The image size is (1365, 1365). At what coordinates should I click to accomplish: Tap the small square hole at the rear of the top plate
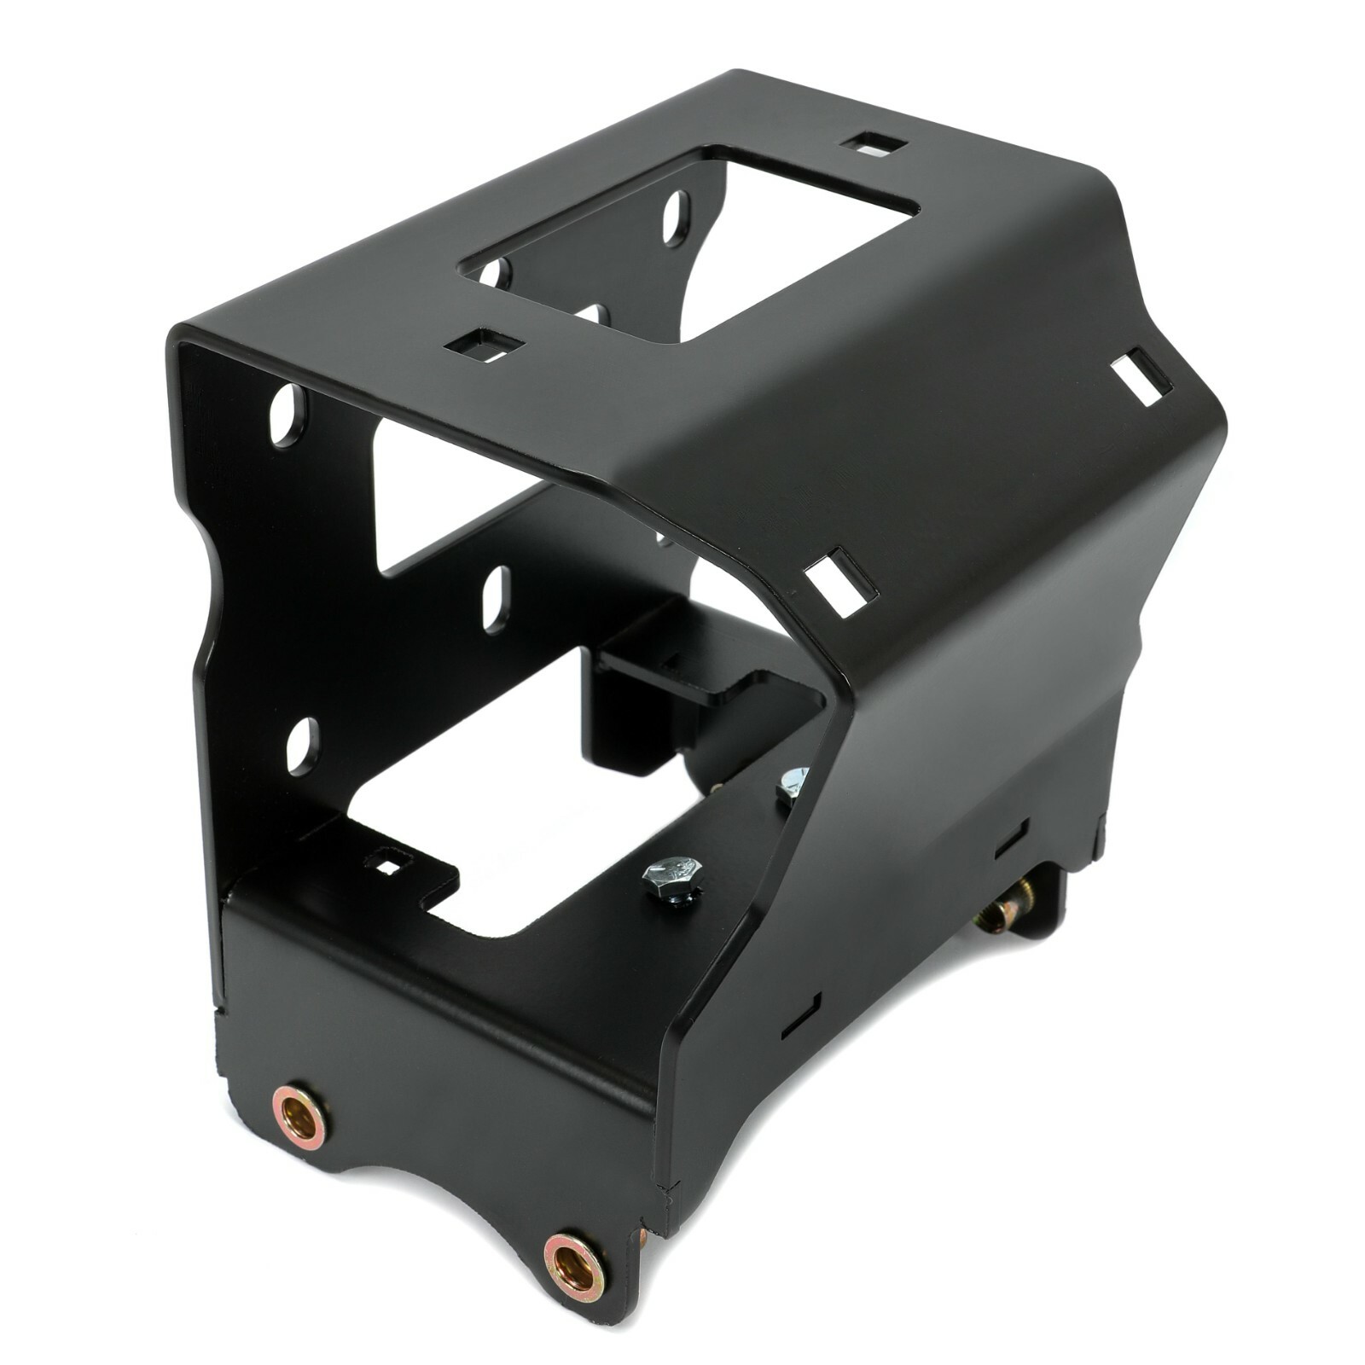[x=873, y=143]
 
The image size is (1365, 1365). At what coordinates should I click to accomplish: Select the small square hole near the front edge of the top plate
[x=484, y=345]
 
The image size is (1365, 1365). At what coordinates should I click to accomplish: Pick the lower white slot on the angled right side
[x=840, y=582]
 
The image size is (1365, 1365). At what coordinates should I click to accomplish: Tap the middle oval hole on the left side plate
[x=496, y=599]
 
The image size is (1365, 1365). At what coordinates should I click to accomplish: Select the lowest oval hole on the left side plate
[x=302, y=746]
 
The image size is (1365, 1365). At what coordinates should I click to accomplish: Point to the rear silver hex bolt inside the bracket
[x=793, y=781]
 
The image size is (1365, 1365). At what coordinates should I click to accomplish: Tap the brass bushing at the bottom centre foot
[x=574, y=1264]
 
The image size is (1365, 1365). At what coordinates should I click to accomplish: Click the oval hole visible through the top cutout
[x=677, y=218]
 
